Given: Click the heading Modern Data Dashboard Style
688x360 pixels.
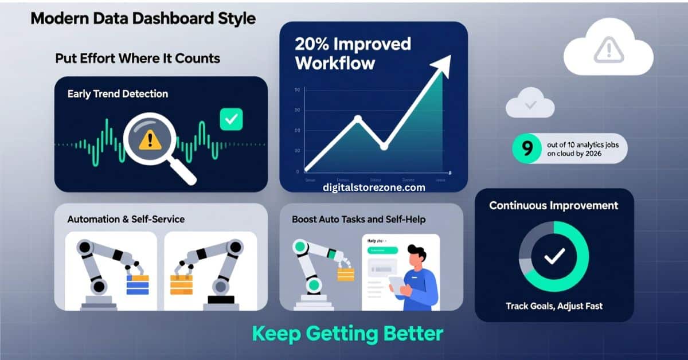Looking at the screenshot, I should [143, 18].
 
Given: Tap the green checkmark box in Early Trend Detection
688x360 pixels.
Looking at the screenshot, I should [232, 119].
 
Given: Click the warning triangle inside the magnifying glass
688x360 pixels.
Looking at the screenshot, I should [151, 138].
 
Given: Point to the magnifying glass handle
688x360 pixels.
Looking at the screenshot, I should [184, 173].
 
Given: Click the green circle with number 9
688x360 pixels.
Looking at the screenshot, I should [527, 148].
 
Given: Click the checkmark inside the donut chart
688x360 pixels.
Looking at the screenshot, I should [554, 257].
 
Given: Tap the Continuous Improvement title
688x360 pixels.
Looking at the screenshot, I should [553, 205].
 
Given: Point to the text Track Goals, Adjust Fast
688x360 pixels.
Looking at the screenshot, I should [554, 306].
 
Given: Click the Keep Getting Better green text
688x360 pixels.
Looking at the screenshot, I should [347, 334].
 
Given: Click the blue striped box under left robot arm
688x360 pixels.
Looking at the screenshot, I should [137, 284].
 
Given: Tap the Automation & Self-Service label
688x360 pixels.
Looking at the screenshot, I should [126, 220].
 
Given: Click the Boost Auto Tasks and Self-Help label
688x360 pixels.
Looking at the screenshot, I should [359, 220].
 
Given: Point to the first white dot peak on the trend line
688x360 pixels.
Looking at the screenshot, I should [358, 119].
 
